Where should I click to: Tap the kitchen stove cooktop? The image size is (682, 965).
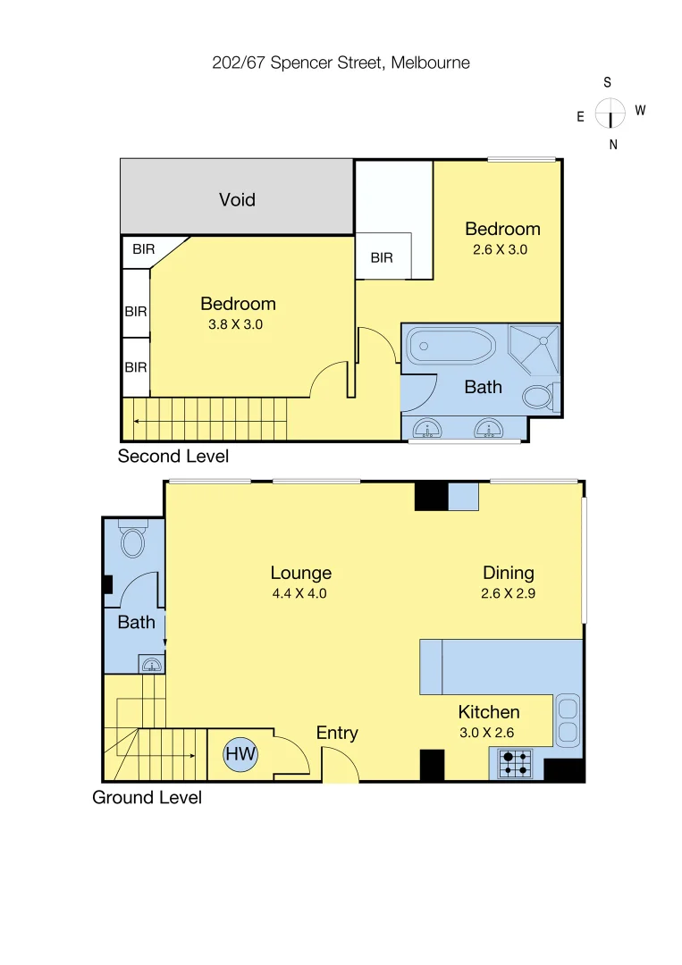click(514, 762)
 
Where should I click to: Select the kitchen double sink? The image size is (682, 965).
click(568, 721)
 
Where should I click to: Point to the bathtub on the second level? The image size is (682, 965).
click(450, 348)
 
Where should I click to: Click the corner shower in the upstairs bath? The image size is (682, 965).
click(534, 349)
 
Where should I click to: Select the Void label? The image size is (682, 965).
click(237, 199)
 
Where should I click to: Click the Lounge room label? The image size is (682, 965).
click(301, 573)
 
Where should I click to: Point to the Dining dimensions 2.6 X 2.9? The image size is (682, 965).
click(509, 592)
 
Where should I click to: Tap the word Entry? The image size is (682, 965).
click(337, 733)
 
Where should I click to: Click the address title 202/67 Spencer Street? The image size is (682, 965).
click(341, 63)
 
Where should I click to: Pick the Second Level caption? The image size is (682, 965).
click(173, 457)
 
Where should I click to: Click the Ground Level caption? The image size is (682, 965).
click(147, 797)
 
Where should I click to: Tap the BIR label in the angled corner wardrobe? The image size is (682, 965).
click(143, 250)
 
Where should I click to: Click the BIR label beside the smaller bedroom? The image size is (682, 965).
click(382, 258)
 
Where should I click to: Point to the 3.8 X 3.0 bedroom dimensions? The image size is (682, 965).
click(235, 324)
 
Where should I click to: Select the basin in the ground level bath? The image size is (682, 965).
click(152, 664)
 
